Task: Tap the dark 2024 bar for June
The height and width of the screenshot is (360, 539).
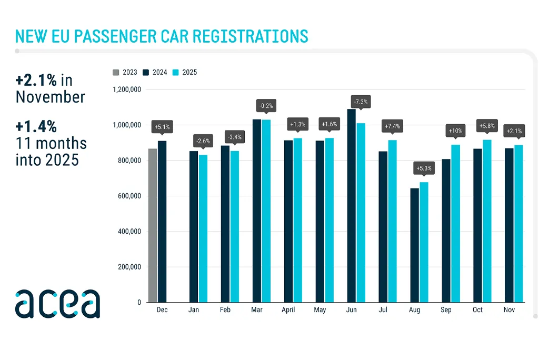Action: (352, 205)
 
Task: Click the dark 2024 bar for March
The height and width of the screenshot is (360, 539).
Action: (257, 211)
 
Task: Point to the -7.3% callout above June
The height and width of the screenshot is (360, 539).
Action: (361, 102)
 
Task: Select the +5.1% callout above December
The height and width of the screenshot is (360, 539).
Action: (162, 127)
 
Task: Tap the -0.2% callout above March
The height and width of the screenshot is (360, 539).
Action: (266, 106)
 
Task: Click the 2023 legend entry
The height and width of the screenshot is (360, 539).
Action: (125, 72)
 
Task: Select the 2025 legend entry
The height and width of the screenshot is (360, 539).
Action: (185, 72)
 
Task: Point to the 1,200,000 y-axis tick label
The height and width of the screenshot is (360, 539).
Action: (126, 89)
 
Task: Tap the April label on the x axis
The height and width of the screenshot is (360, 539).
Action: (288, 310)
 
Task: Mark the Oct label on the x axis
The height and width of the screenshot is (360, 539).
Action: (477, 310)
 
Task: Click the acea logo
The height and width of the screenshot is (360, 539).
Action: (57, 304)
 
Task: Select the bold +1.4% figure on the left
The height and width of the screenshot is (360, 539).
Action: (36, 127)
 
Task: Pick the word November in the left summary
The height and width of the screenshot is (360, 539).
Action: (50, 97)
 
